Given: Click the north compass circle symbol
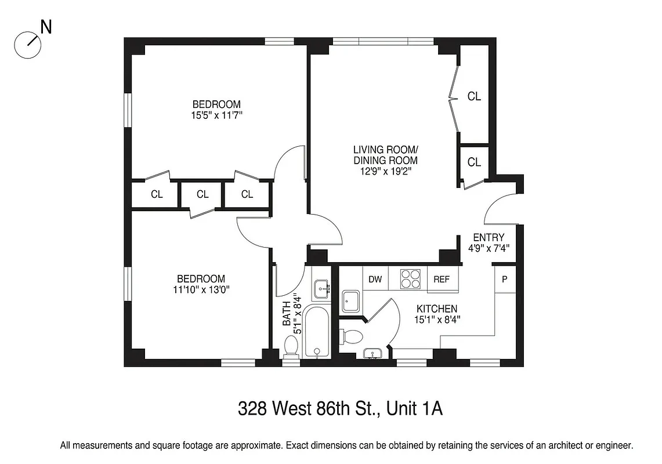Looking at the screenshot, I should pos(27,45).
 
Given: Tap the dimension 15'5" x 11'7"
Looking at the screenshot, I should pos(216,115).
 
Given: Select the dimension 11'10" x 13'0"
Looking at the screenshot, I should pos(201,289).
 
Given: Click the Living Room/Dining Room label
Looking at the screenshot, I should pos(385,155).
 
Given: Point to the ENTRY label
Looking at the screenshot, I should pos(489,237).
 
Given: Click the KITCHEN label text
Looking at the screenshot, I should pos(436,309).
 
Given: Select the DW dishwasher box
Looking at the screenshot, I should pos(375,279).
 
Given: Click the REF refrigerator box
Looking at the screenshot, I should pos(442,279).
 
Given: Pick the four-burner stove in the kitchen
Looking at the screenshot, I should pos(409,279).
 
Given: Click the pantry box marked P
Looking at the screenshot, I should pos(504,279).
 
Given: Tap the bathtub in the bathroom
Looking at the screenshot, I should pos(316,332).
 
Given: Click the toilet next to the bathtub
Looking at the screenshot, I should pos(291,346).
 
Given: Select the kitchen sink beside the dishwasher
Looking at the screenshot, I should pos(351,300).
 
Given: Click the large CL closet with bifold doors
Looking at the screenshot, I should pos(474,96).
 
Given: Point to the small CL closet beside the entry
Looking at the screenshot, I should pos(474,162).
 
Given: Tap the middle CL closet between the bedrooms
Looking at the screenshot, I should pos(202,194).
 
